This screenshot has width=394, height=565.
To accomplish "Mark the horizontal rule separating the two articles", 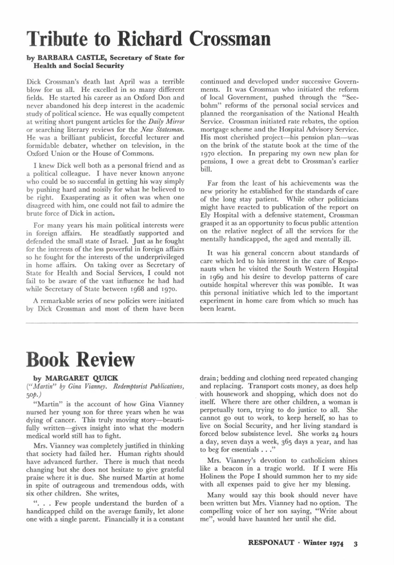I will coord(197,323).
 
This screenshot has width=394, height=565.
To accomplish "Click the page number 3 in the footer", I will coord(355,543).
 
